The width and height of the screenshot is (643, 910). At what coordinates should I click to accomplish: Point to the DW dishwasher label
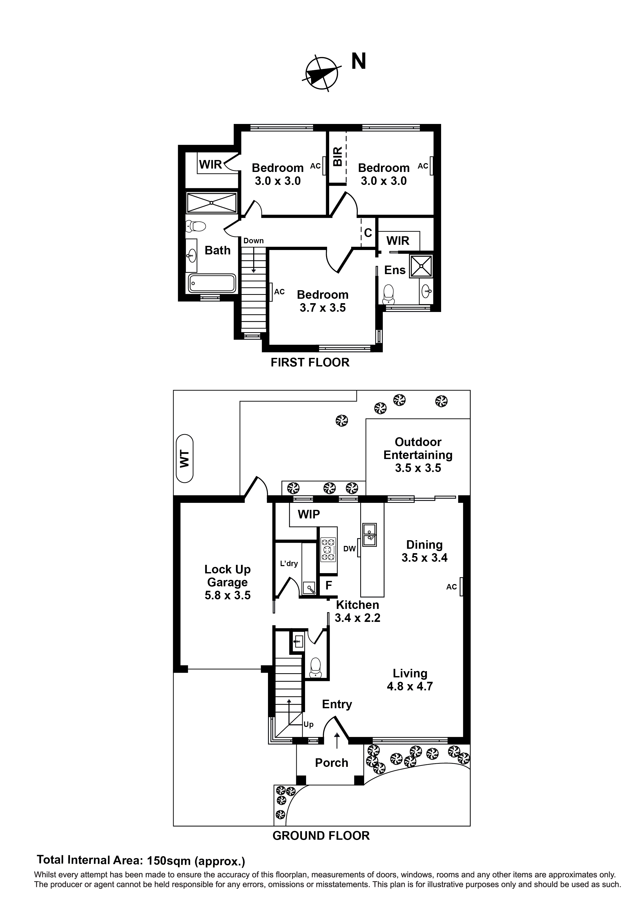349,549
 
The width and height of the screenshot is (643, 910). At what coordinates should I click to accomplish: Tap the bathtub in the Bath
212,283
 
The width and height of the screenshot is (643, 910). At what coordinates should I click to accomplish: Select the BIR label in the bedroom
337,157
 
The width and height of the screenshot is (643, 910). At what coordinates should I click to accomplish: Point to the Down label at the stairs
253,241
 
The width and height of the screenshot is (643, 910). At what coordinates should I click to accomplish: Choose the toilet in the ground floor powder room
315,666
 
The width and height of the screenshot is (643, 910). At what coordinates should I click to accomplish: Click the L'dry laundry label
288,564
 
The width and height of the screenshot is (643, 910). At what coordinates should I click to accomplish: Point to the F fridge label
328,585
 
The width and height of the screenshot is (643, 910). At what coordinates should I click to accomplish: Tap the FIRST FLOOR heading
310,362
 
